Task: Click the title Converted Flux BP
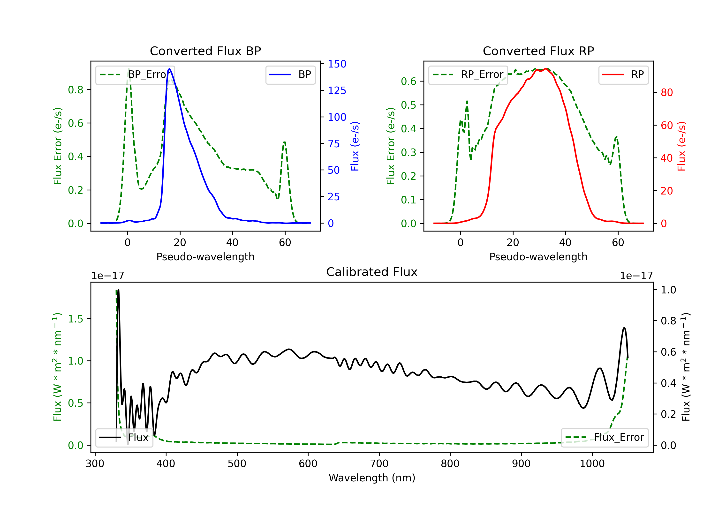click(x=205, y=51)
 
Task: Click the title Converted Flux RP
click(x=538, y=51)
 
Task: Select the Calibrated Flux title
click(x=372, y=272)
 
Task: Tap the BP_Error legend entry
click(x=135, y=75)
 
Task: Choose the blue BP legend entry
click(x=290, y=75)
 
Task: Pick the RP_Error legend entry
click(x=468, y=75)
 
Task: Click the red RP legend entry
click(x=623, y=75)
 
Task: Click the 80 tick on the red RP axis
click(x=667, y=93)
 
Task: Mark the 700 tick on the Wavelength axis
click(x=379, y=464)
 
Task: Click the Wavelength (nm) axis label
click(x=372, y=478)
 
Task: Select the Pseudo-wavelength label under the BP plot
click(x=205, y=257)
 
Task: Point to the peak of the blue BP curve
click(x=169, y=69)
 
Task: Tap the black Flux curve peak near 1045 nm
click(x=624, y=328)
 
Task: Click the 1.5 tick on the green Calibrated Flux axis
click(x=76, y=319)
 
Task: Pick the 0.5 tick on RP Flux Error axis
click(x=408, y=105)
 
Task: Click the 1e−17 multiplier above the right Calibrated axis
click(x=636, y=276)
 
